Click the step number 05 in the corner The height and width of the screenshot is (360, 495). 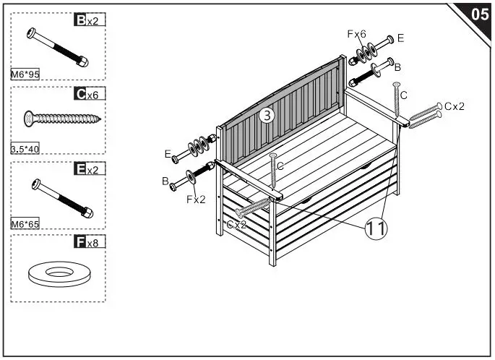[478, 14]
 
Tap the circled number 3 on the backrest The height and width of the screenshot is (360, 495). [267, 116]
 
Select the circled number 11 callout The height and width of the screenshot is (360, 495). [375, 228]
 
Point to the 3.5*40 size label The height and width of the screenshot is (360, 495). [26, 149]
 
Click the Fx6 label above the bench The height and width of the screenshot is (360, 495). [357, 34]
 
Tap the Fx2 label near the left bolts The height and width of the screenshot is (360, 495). [195, 199]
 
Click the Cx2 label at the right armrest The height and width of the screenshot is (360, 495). [455, 106]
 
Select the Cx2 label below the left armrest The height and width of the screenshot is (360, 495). [236, 225]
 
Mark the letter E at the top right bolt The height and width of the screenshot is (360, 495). [400, 38]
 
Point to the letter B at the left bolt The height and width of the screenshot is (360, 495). [165, 180]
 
